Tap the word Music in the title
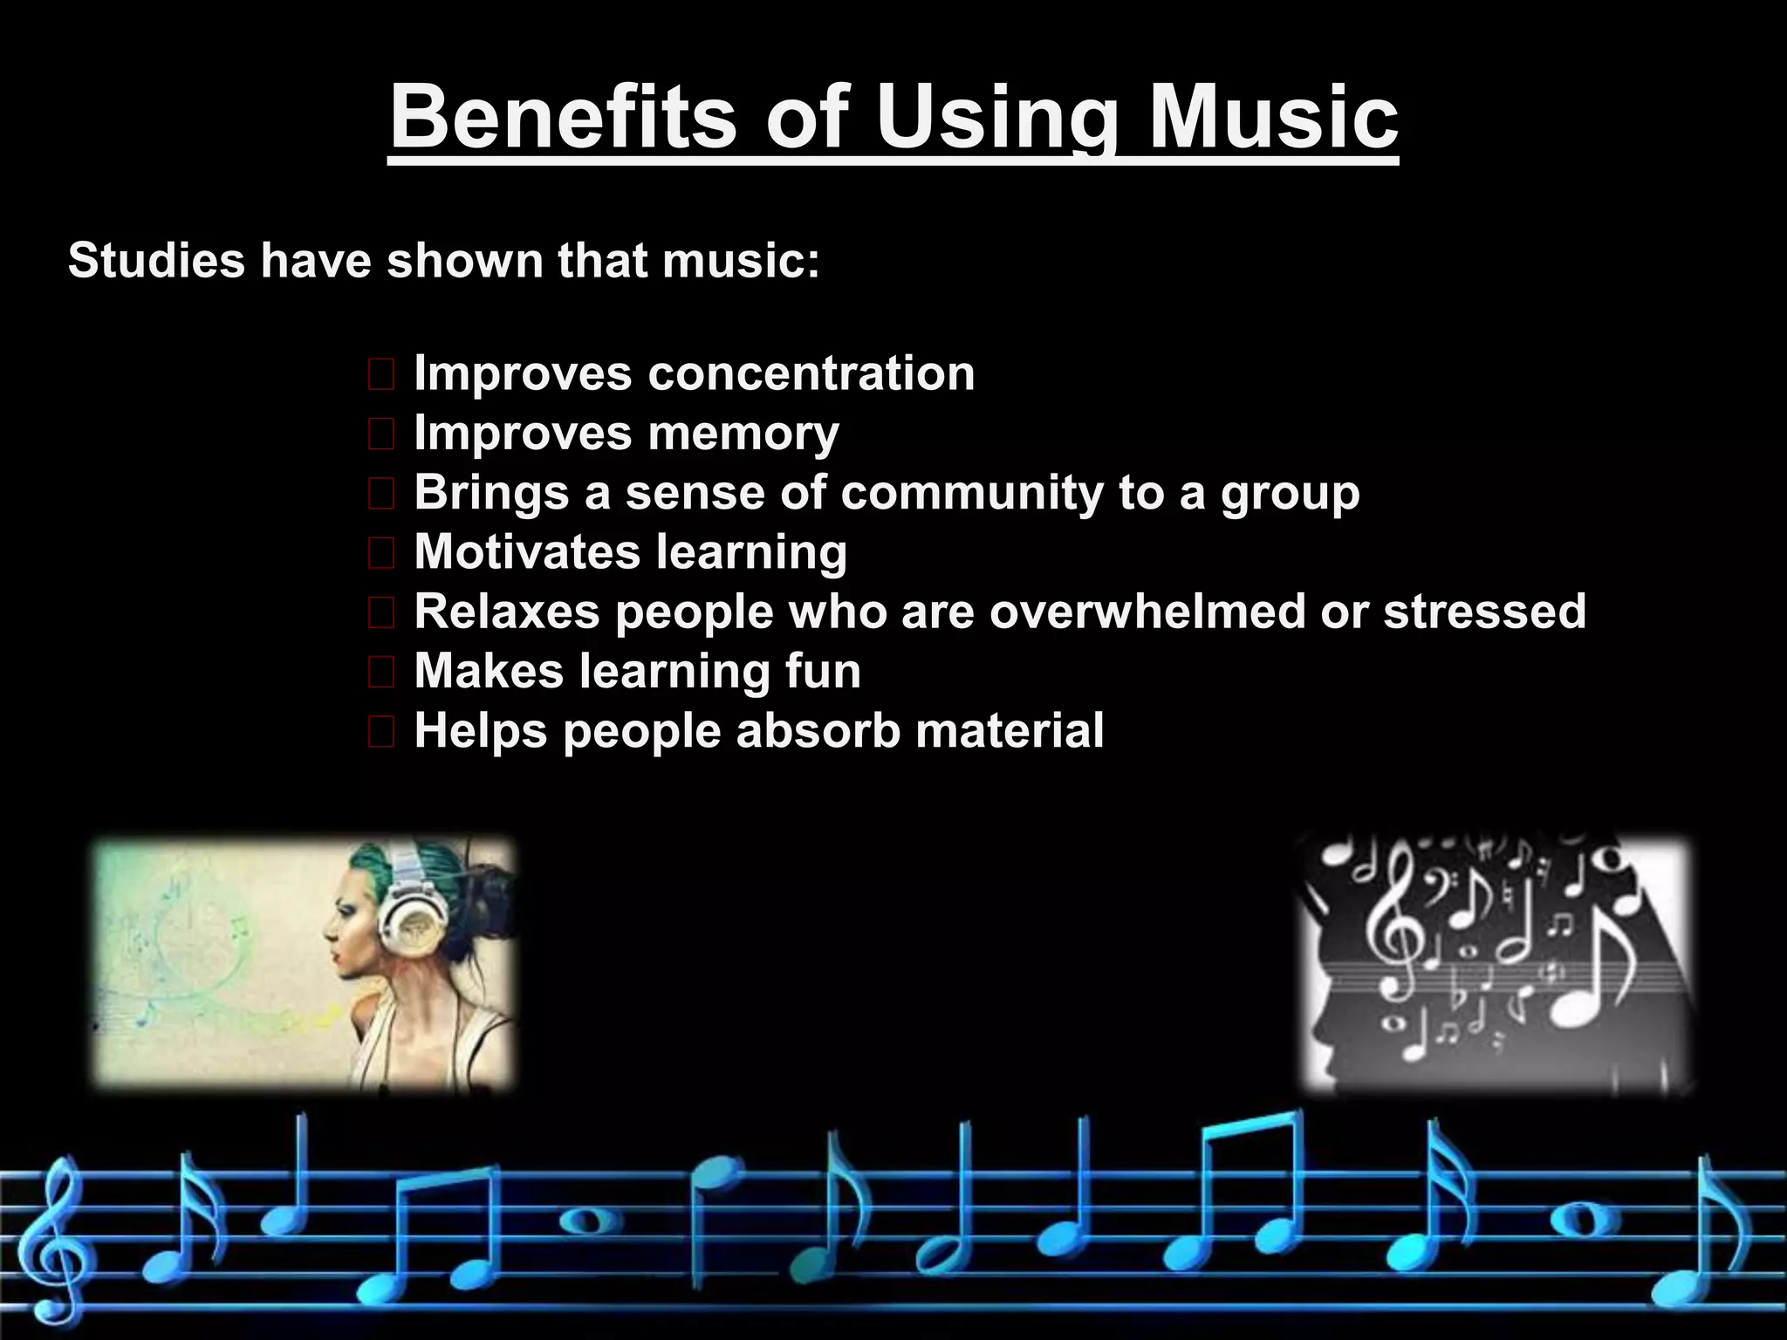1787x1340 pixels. pos(1273,118)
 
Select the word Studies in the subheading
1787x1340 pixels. pos(156,260)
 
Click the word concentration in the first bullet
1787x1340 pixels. pos(811,373)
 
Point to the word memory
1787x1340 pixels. pos(743,434)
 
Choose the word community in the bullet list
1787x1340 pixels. pos(972,493)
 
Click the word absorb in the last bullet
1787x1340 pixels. pos(818,730)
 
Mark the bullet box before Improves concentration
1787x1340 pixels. pos(381,375)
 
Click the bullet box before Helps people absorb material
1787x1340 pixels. pos(381,732)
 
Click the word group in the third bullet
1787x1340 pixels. pos(1290,494)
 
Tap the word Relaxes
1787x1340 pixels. pos(507,612)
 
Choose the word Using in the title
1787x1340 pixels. pos(996,118)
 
